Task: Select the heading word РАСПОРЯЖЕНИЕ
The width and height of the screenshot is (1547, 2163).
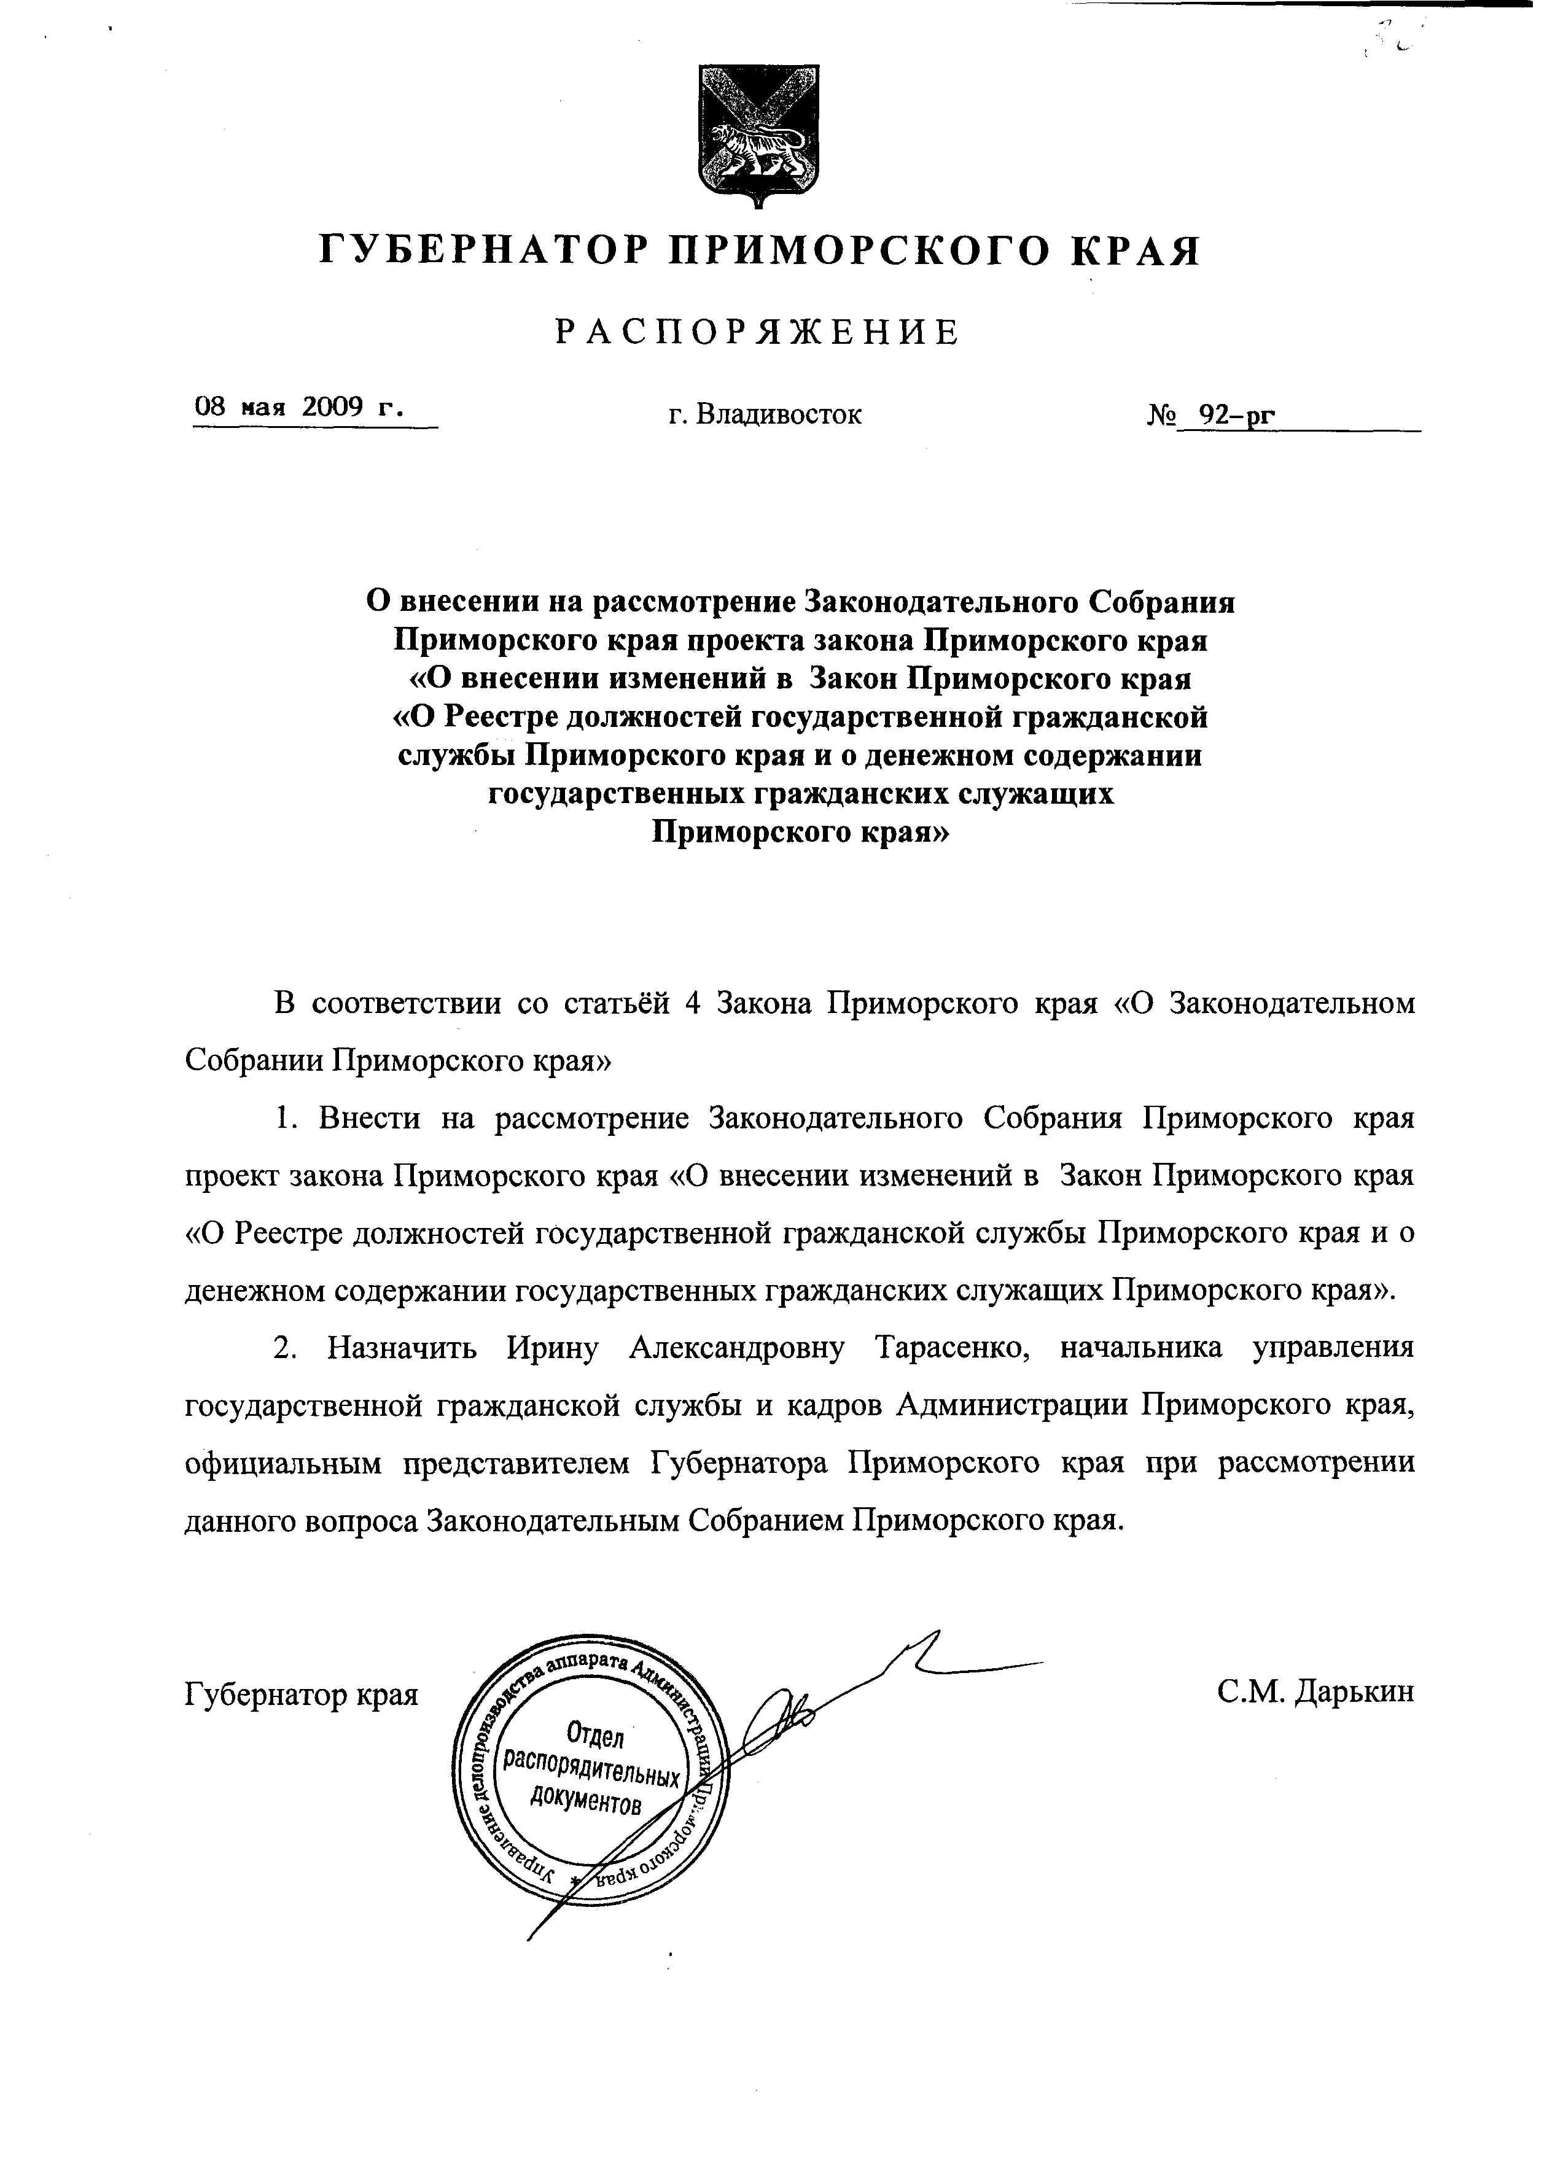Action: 758,332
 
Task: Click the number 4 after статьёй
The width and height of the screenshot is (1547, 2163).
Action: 693,1004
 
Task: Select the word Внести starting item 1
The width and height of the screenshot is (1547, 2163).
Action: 370,1118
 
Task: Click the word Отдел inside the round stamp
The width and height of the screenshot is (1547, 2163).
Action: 594,1734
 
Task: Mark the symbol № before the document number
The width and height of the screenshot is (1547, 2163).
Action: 1162,415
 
